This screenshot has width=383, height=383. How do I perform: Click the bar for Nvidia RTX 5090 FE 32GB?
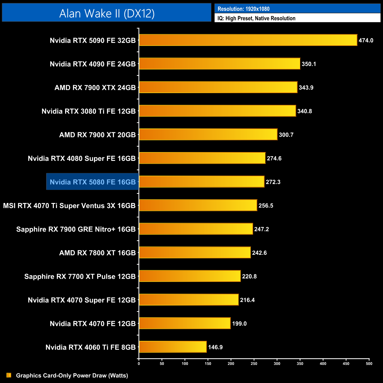tap(248, 40)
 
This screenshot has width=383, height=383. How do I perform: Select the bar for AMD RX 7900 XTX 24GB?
tap(218, 87)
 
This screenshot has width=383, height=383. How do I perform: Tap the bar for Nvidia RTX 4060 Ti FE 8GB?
tap(173, 347)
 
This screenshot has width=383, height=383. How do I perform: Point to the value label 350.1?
tap(309, 64)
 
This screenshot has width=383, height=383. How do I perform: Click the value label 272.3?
tap(273, 182)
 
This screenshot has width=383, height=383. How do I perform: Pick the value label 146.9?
tap(215, 347)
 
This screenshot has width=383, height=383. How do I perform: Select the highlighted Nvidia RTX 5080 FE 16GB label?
tap(93, 182)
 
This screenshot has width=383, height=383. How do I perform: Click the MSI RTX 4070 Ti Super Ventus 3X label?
tap(69, 206)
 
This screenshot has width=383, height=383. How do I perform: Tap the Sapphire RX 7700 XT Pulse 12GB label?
tap(80, 276)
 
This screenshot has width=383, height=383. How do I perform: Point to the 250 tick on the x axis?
tap(254, 363)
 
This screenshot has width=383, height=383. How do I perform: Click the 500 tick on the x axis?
tap(369, 363)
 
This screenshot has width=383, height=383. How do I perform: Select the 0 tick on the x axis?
tap(139, 363)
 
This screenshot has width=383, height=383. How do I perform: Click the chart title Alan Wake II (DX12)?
tap(107, 13)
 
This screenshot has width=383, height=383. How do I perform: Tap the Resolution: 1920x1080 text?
tap(243, 9)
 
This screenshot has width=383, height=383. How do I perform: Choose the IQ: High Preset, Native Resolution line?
tap(256, 18)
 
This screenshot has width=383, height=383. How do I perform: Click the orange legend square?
tap(9, 375)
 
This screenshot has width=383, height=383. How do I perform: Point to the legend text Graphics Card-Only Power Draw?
tap(72, 375)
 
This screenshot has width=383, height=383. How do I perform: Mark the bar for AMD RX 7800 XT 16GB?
tap(195, 252)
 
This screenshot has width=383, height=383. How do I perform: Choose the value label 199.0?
tap(239, 323)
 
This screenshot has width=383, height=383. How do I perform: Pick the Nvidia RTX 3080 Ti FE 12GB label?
tap(88, 111)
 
